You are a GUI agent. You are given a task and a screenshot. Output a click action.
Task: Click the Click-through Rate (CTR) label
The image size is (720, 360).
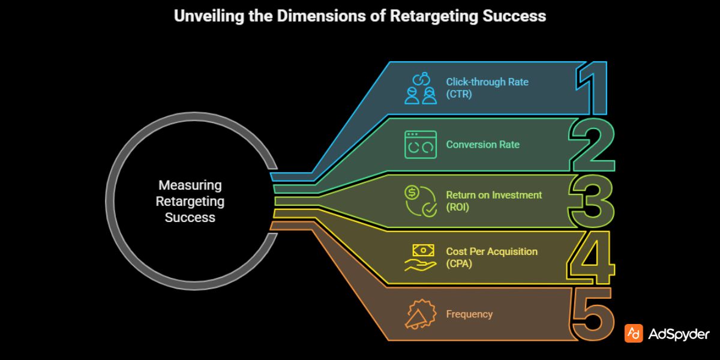pos(487,88)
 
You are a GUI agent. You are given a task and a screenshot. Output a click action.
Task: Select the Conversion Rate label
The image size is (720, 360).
pos(482,145)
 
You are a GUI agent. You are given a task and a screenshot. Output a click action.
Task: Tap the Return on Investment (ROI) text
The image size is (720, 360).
pos(493,200)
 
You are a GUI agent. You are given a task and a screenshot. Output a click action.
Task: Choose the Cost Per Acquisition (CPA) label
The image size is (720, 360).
pos(491,257)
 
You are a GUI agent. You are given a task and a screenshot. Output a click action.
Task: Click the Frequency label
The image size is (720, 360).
pos(469,314)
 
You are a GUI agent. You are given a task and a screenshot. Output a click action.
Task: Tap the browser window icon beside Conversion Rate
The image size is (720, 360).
pos(421,145)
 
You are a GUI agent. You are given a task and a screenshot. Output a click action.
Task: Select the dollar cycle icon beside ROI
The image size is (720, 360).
pos(421,200)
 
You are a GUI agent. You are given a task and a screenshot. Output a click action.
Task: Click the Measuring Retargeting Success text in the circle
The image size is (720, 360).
pos(190,201)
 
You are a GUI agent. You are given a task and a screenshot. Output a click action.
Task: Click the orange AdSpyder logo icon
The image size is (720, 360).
pos(634,334)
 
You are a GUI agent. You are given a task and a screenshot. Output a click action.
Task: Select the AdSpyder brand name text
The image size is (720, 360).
pos(679,334)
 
